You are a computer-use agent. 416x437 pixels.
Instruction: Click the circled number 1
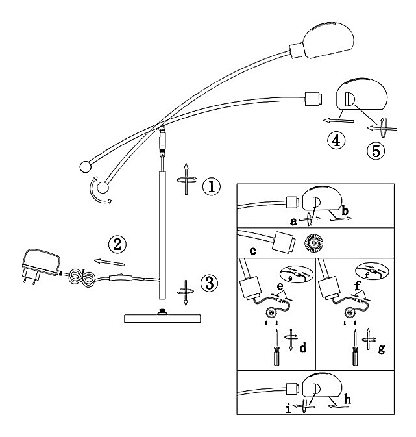click(212, 186)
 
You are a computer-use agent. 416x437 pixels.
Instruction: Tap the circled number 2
click(117, 244)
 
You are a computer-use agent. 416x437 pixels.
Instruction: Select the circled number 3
click(210, 282)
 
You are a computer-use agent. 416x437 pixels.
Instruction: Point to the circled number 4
click(336, 140)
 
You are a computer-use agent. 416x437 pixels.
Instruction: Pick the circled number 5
click(376, 151)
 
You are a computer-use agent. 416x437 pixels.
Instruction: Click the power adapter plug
click(41, 265)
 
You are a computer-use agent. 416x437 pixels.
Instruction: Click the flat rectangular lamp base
click(162, 318)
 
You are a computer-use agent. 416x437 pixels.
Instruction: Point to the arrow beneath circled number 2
click(109, 262)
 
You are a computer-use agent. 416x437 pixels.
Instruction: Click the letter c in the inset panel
click(252, 251)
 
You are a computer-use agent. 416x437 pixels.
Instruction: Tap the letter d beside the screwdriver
click(303, 347)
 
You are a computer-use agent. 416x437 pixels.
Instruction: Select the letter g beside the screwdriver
click(382, 349)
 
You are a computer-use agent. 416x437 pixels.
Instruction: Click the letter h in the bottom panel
click(347, 399)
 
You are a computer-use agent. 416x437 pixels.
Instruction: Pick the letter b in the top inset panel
click(345, 210)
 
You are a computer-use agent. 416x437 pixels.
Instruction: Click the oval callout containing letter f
click(372, 271)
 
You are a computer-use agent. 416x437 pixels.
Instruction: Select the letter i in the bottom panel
click(288, 408)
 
